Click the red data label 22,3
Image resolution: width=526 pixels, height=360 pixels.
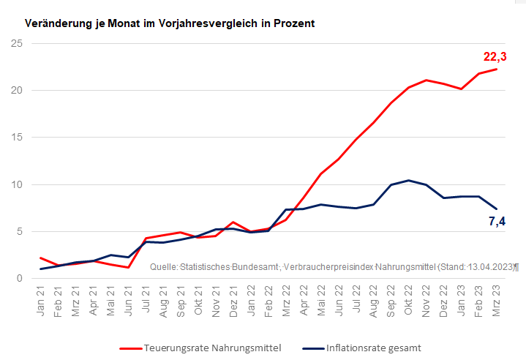coord(495,56)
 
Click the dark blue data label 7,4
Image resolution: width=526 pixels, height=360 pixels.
coord(497,222)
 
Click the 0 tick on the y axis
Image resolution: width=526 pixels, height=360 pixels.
coord(20,278)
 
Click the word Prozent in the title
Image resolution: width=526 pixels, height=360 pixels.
coord(293,23)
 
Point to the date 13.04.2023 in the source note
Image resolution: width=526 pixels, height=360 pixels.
coord(489,268)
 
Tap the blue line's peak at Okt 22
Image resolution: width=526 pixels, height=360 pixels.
coord(409,180)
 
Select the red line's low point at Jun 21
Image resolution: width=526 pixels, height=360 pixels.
coord(128,267)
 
